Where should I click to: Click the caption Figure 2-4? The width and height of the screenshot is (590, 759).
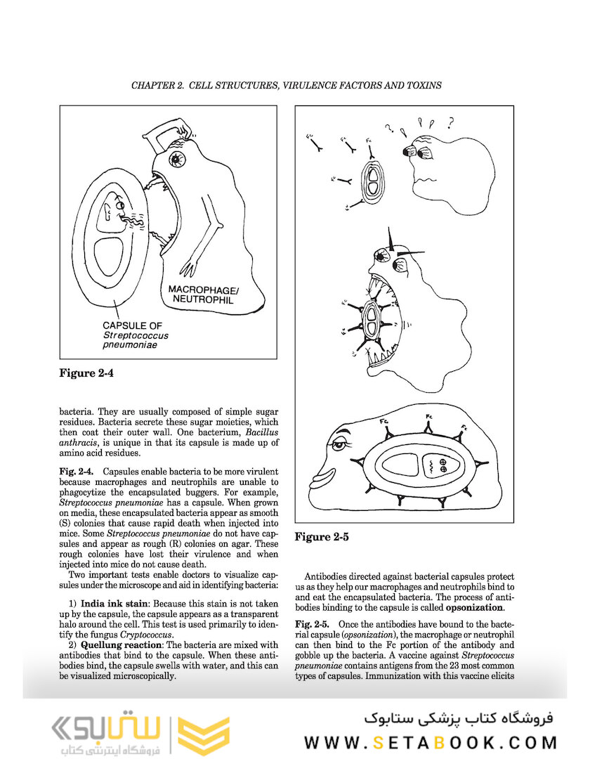(86, 373)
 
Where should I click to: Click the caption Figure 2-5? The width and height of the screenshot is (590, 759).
(322, 537)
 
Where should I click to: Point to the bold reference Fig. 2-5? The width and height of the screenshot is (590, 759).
(310, 624)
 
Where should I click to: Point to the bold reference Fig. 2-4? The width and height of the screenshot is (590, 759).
(74, 468)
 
